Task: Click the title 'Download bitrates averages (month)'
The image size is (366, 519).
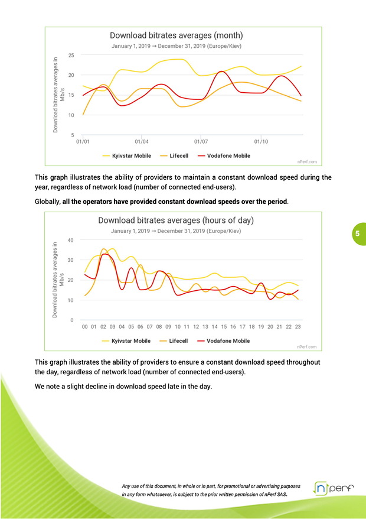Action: tap(176, 35)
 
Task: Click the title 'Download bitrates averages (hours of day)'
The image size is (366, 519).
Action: tap(176, 220)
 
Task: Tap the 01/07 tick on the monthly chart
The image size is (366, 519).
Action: tap(201, 142)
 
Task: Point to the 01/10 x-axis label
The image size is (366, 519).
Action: tap(261, 142)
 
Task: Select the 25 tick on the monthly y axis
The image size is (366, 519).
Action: tap(71, 55)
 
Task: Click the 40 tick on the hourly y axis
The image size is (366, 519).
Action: tap(71, 240)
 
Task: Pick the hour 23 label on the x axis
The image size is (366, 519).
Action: tap(298, 326)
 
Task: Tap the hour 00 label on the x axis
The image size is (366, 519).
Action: tap(85, 326)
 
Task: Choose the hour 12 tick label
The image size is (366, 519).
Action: tap(196, 326)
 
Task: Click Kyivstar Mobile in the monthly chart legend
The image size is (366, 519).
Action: tap(131, 156)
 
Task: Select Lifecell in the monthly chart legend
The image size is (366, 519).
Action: tap(178, 156)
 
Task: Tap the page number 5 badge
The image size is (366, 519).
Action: tap(357, 234)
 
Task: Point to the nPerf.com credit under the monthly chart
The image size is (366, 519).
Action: tap(308, 161)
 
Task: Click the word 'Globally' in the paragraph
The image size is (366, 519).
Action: tap(48, 202)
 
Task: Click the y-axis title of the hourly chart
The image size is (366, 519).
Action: tap(57, 280)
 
